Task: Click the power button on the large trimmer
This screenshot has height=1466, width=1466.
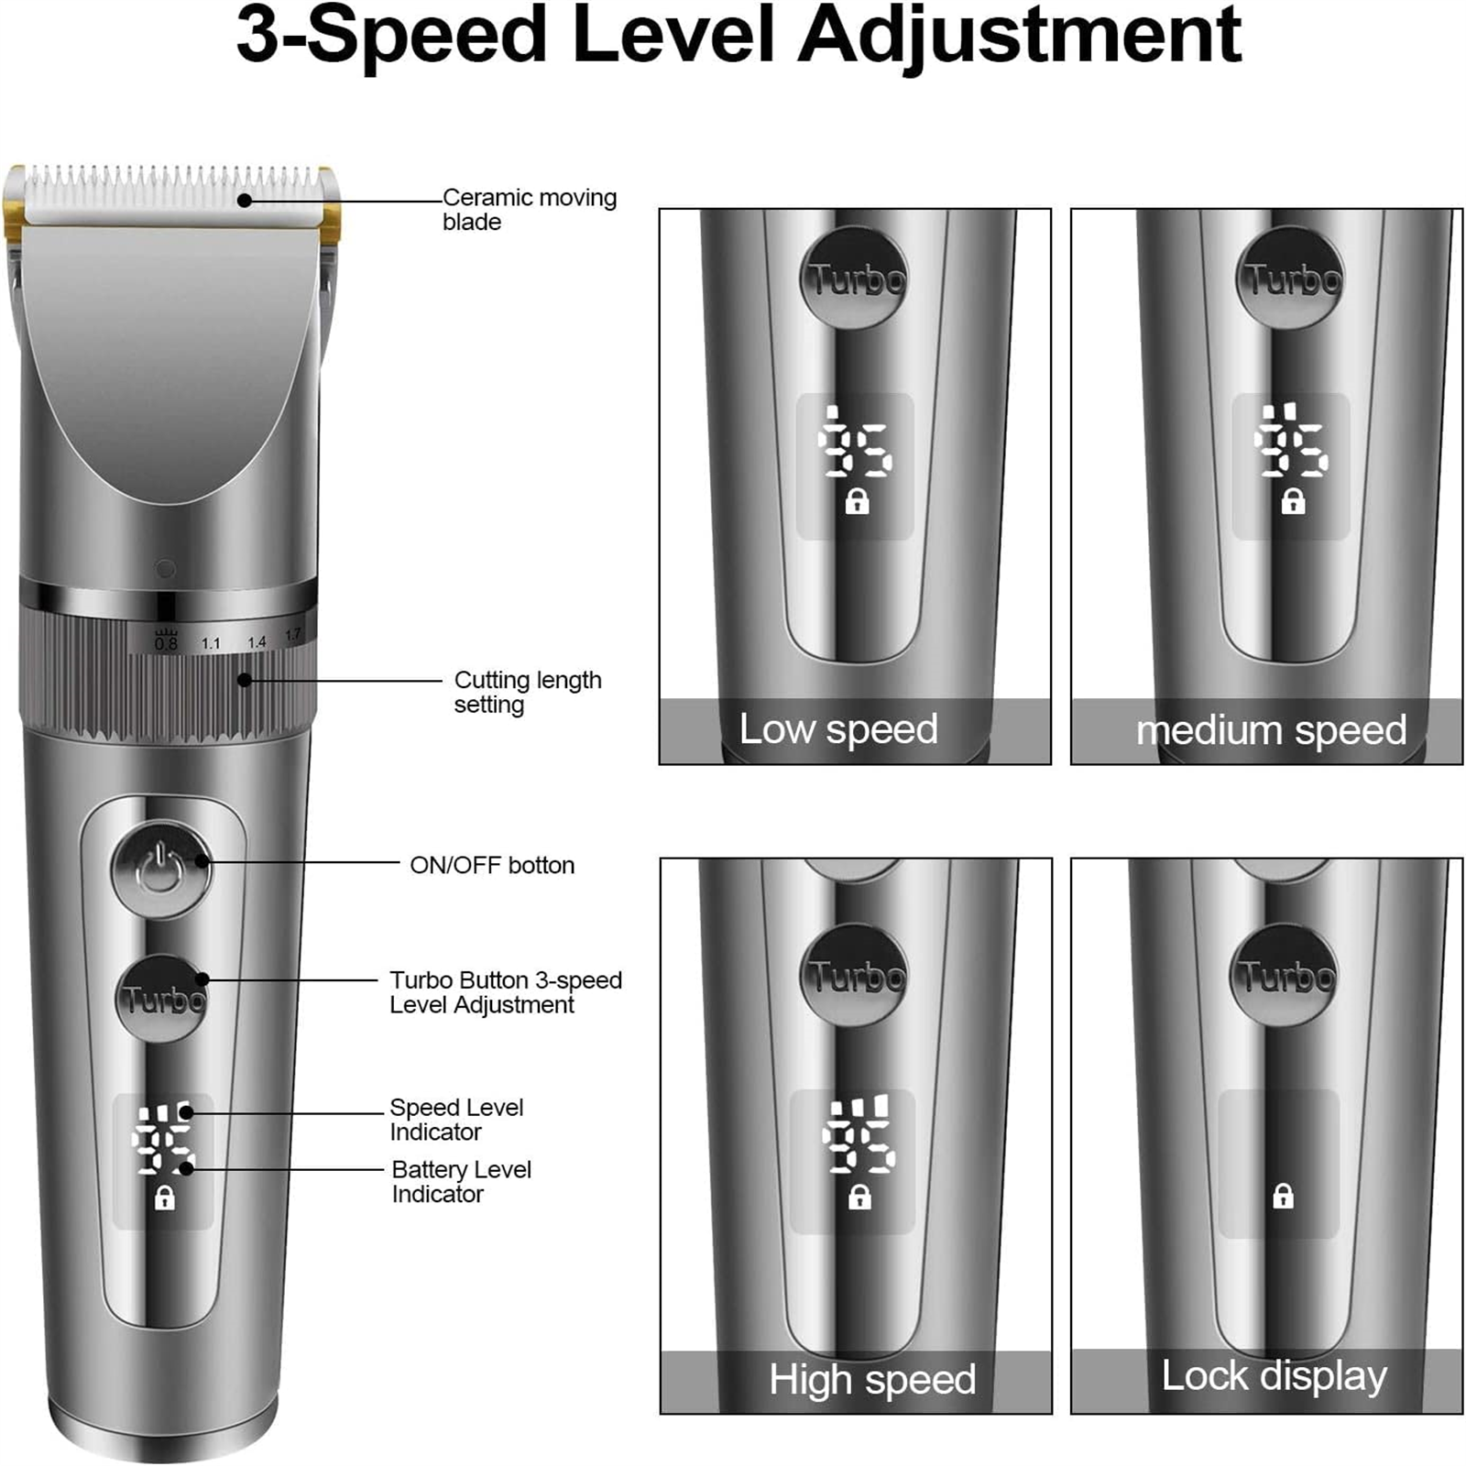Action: (161, 870)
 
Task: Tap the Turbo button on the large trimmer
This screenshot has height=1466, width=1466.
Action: (161, 1000)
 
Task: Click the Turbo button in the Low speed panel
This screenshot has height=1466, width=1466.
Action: (855, 277)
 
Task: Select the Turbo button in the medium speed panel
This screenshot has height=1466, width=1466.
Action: (1291, 277)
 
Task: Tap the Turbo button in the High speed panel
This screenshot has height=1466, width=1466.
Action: (856, 975)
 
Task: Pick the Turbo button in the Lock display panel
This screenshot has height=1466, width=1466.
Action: (1285, 975)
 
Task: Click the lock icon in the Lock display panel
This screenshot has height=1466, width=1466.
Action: (1283, 1196)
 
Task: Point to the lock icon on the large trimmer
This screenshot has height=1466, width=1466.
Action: (164, 1197)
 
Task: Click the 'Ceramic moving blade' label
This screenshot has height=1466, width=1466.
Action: (530, 210)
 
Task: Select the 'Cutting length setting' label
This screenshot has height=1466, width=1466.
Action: (528, 693)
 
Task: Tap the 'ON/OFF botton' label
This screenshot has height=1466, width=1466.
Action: (492, 866)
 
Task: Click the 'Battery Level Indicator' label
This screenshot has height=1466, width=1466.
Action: (461, 1182)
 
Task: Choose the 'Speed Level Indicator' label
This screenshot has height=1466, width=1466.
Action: (456, 1120)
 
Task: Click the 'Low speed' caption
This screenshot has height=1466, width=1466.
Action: (838, 729)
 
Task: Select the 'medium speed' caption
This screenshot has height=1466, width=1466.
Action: (1271, 730)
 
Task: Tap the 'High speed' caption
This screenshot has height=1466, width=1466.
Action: (872, 1379)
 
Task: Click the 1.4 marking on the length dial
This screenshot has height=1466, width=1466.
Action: (257, 642)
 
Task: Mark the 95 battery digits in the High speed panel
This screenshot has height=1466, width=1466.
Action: (859, 1146)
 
